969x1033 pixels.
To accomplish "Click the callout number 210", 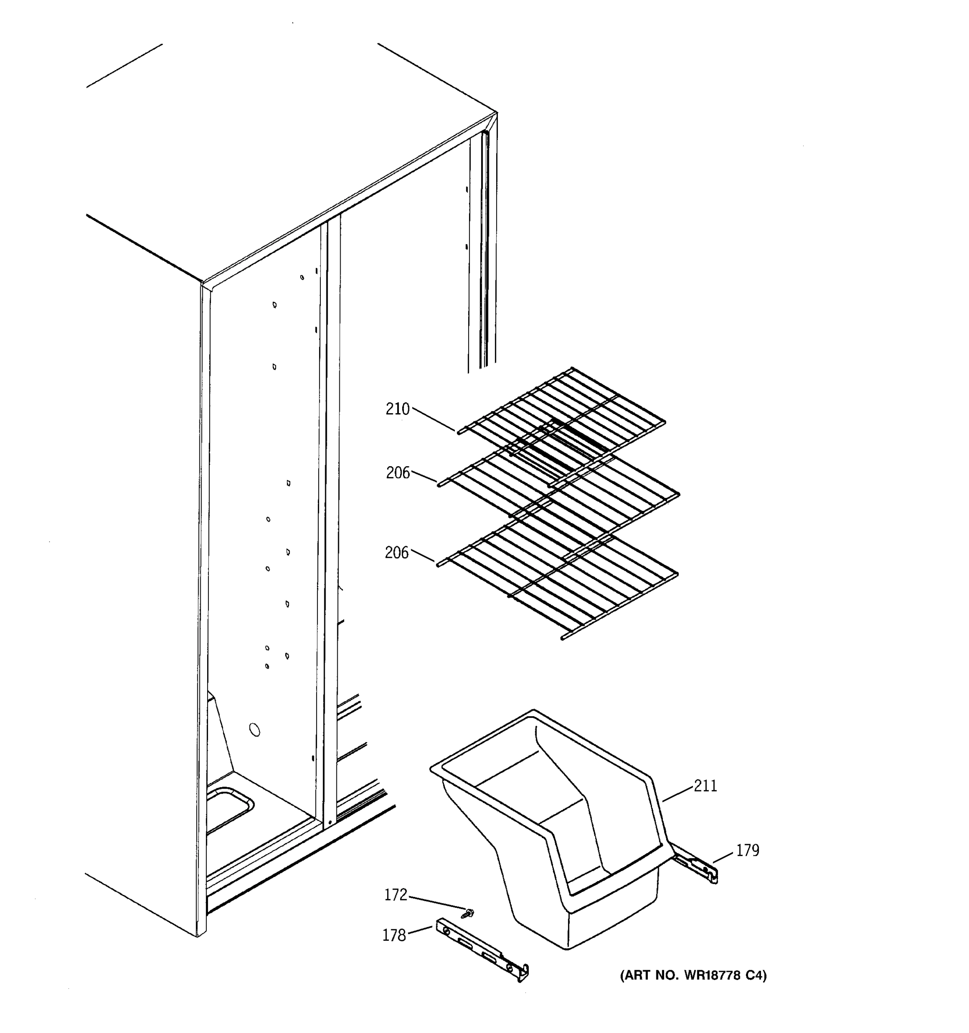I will tap(397, 409).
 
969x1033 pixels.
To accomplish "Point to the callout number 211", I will tap(705, 786).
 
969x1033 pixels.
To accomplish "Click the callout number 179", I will tap(748, 850).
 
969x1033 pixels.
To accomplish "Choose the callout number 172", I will tap(396, 895).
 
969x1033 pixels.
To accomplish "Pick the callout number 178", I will tap(394, 935).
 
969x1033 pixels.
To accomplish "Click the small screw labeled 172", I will tap(470, 912).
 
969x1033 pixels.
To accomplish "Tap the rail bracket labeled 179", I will tap(696, 865).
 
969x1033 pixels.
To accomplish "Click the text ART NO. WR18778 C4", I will tap(693, 975).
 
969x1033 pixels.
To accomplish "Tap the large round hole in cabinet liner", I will tap(255, 730).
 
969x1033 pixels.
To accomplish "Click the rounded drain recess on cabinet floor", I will tap(229, 810).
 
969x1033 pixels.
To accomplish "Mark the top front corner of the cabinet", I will tap(203, 284).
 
